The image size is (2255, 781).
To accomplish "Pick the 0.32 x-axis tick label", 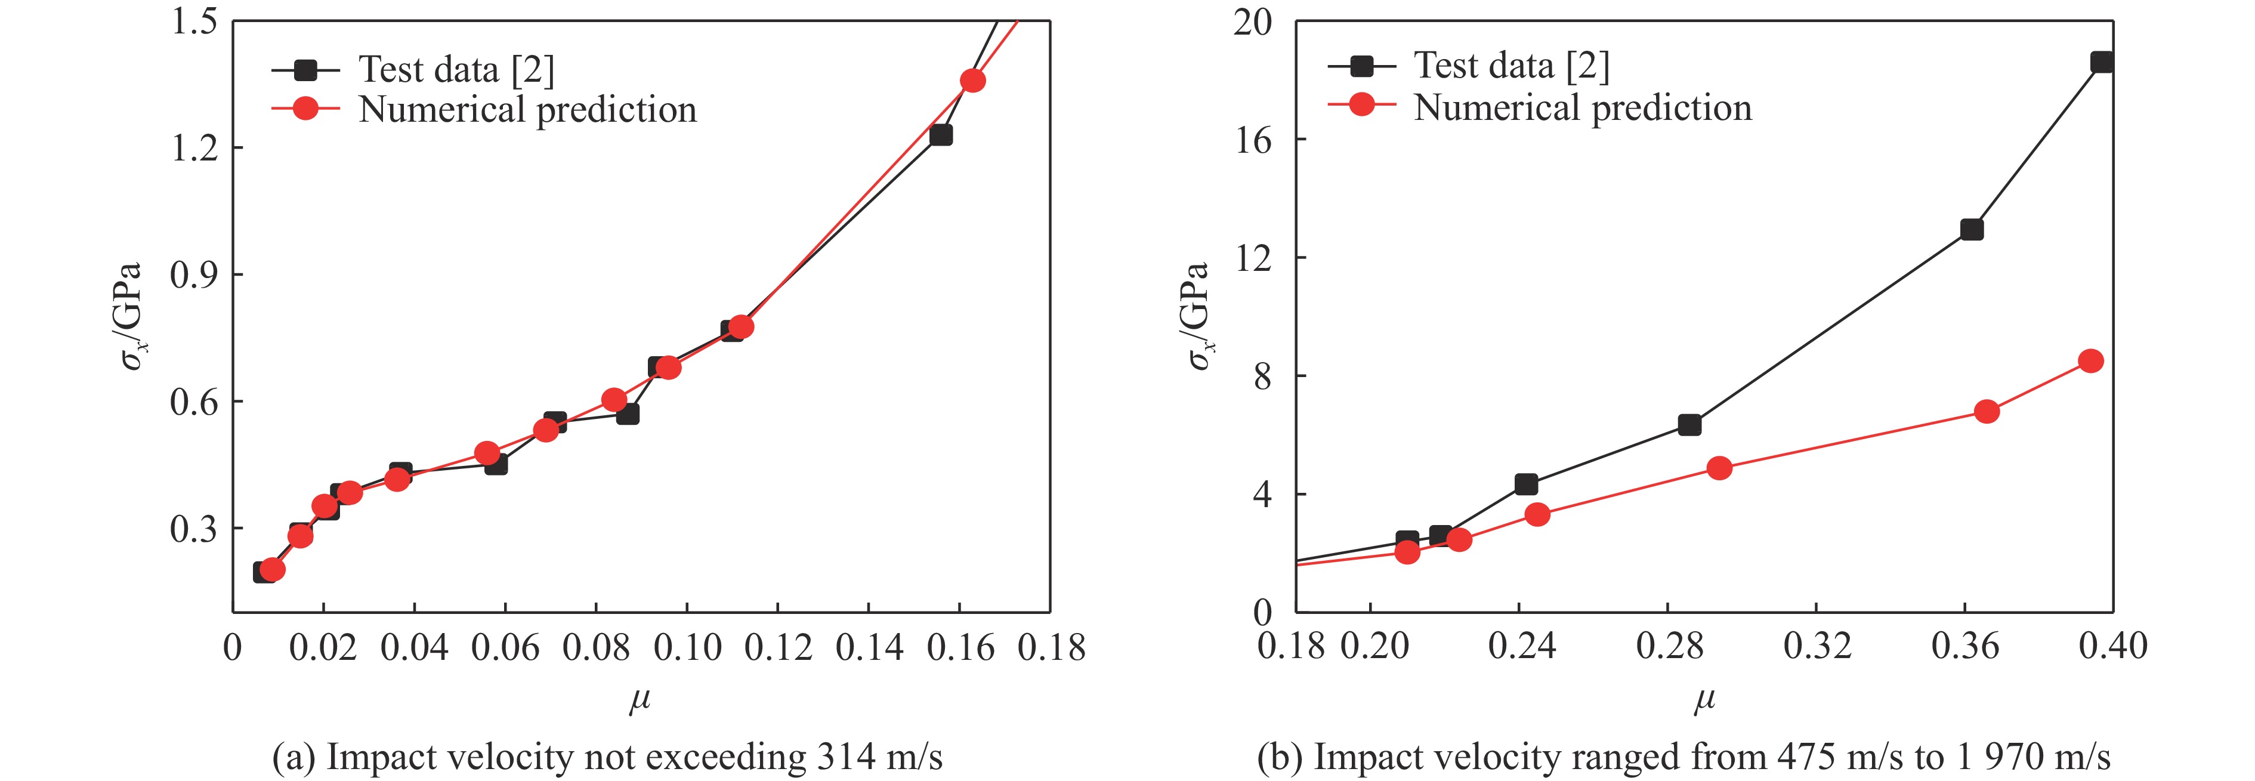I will click(1817, 646).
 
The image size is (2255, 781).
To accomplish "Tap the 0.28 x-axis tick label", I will click(1669, 646).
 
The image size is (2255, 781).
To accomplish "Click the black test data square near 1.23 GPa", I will click(941, 135).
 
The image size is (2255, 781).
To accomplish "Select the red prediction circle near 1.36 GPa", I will click(972, 81).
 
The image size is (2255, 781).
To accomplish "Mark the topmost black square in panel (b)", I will click(2102, 62).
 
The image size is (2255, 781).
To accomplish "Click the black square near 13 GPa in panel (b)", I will click(1972, 229).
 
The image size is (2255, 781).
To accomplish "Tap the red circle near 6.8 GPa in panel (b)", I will click(1987, 412).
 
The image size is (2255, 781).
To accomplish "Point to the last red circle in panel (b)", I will click(2090, 361).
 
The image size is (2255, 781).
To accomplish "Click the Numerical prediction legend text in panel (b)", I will click(1583, 108).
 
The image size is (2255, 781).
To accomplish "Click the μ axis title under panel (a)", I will click(640, 700).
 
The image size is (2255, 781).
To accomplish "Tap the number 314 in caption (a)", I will click(846, 757).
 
